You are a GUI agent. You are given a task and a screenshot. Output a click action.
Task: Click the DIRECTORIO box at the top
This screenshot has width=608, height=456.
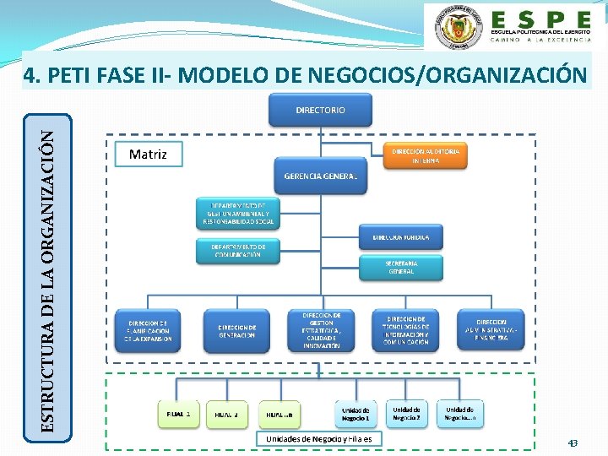320,111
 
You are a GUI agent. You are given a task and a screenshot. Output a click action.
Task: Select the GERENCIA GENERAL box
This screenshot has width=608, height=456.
320,176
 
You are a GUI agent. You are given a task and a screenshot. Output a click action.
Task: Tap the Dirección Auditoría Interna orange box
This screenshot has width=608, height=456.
426,155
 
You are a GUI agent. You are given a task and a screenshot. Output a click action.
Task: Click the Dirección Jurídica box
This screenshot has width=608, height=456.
401,237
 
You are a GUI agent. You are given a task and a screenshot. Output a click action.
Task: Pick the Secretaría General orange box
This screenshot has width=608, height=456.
401,267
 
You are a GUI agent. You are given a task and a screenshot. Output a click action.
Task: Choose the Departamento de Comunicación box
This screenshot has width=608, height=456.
237,250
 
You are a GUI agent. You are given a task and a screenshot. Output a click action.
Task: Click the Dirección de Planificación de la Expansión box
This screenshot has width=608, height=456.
149,330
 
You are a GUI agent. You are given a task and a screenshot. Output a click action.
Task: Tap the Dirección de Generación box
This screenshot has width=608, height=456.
236,331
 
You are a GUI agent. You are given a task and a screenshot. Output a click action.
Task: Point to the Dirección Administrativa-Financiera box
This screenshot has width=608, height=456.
491,330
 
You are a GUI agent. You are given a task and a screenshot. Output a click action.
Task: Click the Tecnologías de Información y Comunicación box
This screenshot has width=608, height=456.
405,330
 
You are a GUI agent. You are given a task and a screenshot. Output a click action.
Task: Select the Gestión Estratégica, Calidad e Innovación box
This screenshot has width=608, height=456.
321,330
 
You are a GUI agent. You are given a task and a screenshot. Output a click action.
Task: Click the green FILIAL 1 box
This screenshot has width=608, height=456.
178,415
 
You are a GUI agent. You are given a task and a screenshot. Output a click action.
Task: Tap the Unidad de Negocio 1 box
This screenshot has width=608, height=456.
356,415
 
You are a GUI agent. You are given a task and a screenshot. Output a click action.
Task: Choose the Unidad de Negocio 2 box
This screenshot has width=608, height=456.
406,414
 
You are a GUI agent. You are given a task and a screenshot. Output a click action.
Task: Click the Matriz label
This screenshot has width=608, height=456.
148,155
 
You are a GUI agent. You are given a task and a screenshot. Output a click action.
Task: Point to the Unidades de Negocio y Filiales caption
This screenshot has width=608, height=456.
319,438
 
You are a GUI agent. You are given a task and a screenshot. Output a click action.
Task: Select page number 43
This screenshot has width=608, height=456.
573,442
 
